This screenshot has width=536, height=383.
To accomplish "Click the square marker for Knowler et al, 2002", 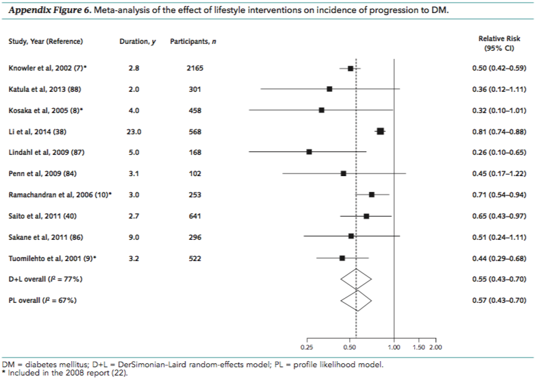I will (350, 69).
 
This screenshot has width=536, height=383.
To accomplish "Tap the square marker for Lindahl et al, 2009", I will (309, 151).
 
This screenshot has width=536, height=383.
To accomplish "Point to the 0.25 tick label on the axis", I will (307, 347).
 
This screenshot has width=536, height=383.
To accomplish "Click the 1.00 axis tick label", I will (394, 347).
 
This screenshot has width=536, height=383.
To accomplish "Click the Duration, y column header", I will (138, 42).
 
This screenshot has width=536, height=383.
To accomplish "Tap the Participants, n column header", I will (193, 42).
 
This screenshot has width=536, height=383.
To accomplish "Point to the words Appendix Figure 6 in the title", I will (40, 9).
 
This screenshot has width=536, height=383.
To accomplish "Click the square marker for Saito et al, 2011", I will (366, 216).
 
